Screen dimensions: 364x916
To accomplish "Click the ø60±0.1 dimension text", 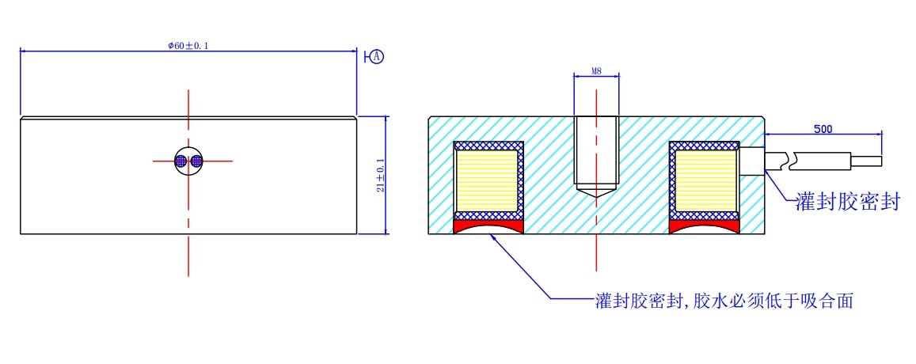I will (x=188, y=46).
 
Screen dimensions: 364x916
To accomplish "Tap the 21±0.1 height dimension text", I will (x=380, y=175).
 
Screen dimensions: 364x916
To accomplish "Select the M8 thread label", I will (x=597, y=72).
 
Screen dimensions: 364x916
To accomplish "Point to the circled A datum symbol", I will (x=377, y=57).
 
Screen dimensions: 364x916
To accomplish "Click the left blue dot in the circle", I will (x=181, y=161).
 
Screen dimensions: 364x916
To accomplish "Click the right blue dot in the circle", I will (x=196, y=161).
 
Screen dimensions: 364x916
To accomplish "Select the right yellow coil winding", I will (x=703, y=182).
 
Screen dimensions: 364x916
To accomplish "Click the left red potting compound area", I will (x=488, y=227).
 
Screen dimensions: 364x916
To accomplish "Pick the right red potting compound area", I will (x=705, y=227).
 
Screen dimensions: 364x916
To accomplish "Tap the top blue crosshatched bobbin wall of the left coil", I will (x=488, y=146).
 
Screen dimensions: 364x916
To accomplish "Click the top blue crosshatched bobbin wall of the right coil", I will (x=705, y=146).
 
